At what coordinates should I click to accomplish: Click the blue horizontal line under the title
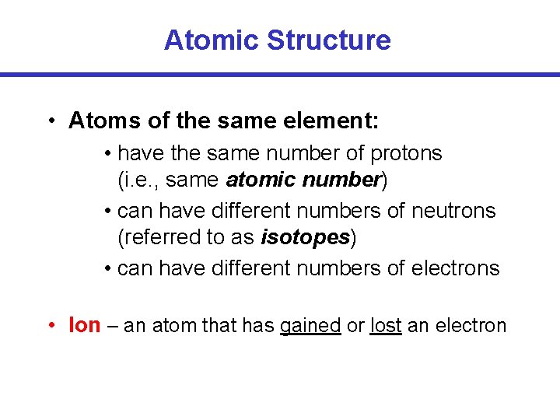pyautogui.click(x=280, y=75)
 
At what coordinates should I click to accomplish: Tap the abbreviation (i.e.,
pyautogui.click(x=138, y=180)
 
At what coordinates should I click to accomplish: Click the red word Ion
pyautogui.click(x=85, y=325)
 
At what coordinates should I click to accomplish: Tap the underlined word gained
pyautogui.click(x=310, y=326)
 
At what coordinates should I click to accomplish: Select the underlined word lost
pyautogui.click(x=386, y=325)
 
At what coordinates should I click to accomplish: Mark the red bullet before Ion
pyautogui.click(x=50, y=326)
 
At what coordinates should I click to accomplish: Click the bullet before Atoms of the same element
pyautogui.click(x=50, y=121)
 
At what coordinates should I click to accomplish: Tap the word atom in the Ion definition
pyautogui.click(x=174, y=325)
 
